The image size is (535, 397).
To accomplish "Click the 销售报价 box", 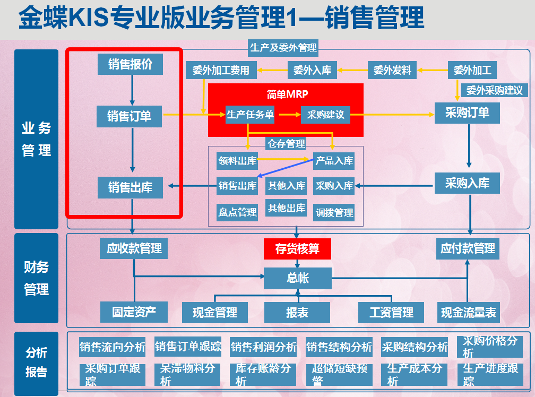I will [130, 64].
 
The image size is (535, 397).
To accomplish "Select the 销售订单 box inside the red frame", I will [130, 116].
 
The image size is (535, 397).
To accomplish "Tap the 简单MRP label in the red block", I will [287, 94].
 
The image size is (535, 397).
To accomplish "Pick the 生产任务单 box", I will [250, 115].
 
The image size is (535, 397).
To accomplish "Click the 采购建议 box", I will [325, 115].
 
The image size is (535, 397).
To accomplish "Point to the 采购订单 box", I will [467, 113].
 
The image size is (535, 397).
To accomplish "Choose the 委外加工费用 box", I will [221, 70].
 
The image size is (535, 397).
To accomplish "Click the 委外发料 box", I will [392, 70].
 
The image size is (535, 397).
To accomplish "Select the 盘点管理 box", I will [237, 212].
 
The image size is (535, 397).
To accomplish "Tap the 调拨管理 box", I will [334, 212].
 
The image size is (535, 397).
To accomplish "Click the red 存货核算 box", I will [297, 249].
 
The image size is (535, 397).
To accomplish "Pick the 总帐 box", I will [297, 278].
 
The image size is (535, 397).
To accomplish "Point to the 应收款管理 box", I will [134, 248].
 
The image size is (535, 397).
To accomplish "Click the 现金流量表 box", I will [469, 313].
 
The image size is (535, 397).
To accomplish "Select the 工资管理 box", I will [391, 313].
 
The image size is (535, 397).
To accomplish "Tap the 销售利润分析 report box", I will [264, 347].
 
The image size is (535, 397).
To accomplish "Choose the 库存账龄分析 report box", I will [264, 374].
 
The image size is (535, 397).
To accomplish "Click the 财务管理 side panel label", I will [36, 278].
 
